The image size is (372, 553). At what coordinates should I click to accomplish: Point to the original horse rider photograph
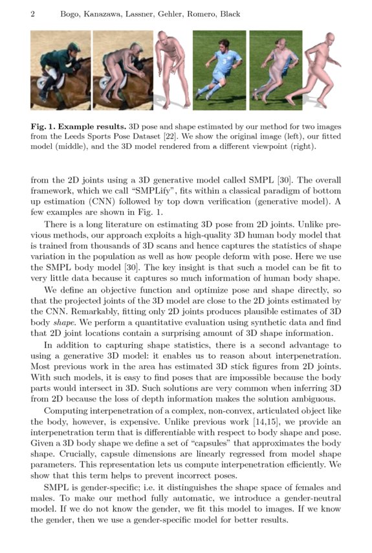point(60,70)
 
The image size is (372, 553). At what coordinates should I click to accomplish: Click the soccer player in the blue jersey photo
point(219,70)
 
